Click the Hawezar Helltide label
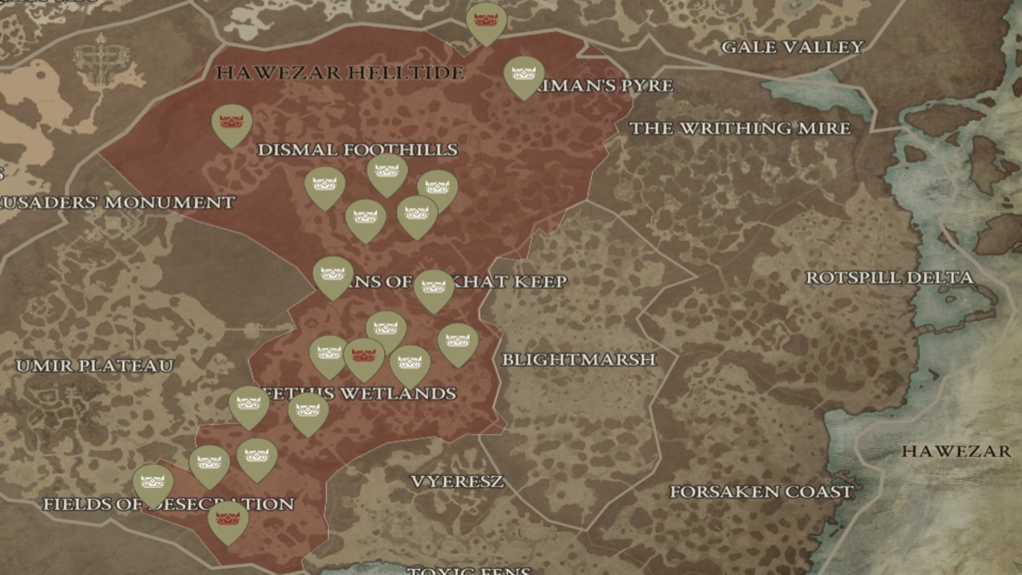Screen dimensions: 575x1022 coord(339,73)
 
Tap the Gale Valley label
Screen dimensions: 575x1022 coord(792,47)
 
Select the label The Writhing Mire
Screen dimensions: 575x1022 coord(739,128)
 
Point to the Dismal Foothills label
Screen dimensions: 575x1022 coord(357,149)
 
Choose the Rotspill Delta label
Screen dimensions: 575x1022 coord(889,278)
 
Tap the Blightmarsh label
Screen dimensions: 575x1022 coord(578,359)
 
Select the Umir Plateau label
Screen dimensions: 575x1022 coord(94,366)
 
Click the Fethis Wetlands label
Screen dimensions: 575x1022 coord(359,394)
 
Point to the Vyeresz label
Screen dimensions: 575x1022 coord(457,482)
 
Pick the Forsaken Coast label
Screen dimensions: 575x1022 coord(761,492)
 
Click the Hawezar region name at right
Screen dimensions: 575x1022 coord(956,451)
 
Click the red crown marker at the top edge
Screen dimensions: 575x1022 coord(486,20)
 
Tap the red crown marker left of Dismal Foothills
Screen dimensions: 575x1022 coord(232,122)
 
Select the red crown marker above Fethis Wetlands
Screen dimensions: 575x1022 coord(363,355)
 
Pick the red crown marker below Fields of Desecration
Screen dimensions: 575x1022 coord(228,519)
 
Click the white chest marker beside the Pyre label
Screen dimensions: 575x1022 coord(524,74)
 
